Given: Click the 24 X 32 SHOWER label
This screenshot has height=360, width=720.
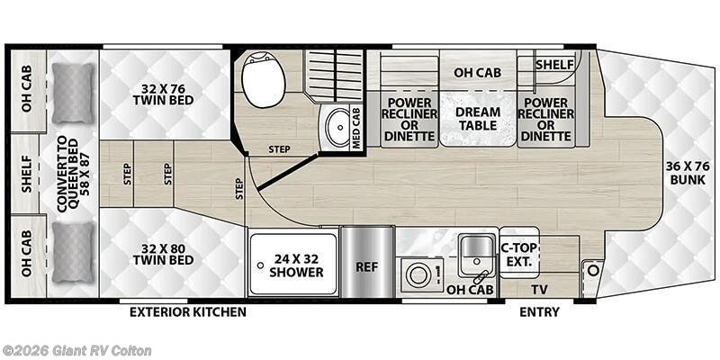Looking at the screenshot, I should tap(292, 264).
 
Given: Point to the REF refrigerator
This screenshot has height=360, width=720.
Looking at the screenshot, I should tap(366, 266).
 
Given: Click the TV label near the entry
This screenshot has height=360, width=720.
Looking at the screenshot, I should tap(538, 289).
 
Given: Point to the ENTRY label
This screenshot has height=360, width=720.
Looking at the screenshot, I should tap(539, 312).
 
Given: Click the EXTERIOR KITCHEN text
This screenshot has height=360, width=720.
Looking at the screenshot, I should tap(188, 312).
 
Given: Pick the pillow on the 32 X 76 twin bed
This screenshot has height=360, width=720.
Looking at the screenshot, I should tap(72, 94).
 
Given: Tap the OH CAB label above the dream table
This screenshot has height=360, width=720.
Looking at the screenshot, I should tap(477, 73).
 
